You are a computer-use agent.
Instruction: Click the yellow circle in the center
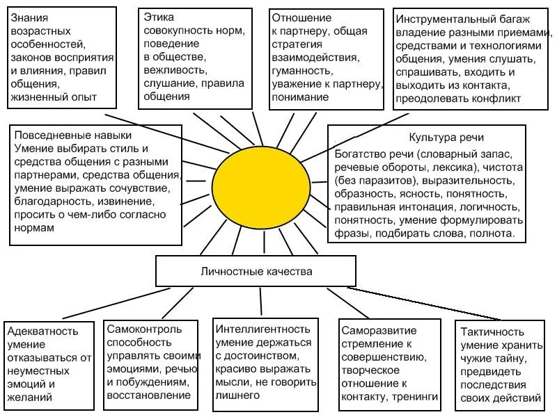pos(261,187)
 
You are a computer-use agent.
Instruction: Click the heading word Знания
pos(29,18)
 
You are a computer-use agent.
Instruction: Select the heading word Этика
pos(159,17)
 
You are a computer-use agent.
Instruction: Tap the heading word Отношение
pos(301,18)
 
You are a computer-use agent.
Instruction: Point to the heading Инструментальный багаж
pos(462,19)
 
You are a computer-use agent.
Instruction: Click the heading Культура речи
pos(446,137)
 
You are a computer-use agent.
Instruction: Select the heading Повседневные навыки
pos(73,135)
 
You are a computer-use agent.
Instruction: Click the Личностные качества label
pos(256,272)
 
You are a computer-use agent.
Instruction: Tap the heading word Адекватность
pos(42,332)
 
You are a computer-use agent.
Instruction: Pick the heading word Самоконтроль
pos(144,329)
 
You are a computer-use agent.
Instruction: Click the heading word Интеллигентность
pos(263,329)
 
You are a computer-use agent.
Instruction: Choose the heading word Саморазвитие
pos(379,331)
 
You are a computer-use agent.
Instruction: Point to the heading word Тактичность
pos(492,332)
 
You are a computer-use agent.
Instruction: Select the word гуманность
pos(302,71)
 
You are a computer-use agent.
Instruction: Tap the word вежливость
pos(175,70)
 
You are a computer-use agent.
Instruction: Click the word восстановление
pos(149,395)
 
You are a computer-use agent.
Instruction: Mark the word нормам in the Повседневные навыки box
pos(34,228)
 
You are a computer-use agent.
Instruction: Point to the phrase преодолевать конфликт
pos(458,99)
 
